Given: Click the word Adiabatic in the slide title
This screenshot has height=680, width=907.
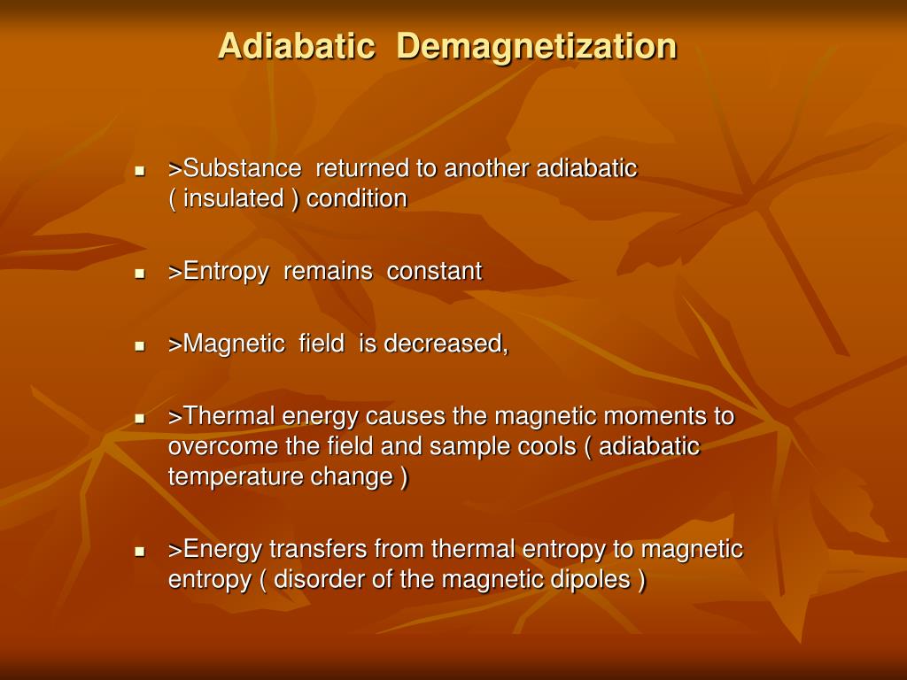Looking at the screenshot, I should [x=296, y=46].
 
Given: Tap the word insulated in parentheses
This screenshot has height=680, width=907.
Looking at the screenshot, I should [x=234, y=198].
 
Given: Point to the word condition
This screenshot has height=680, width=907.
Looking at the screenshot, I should [x=357, y=198].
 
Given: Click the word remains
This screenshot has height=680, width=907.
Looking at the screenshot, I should [x=328, y=272].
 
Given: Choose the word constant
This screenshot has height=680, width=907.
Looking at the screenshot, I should [x=435, y=272].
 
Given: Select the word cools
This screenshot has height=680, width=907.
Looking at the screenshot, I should [x=541, y=446].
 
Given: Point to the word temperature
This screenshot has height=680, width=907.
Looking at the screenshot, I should [x=236, y=477].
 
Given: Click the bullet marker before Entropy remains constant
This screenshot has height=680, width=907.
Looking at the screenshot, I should [x=139, y=274].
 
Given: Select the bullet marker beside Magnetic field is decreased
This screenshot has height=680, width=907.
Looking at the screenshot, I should [x=139, y=346].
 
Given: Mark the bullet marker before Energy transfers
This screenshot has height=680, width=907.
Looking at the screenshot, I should [x=139, y=551].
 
